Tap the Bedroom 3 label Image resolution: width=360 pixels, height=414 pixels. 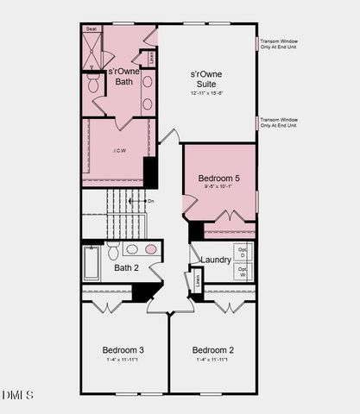(123, 349)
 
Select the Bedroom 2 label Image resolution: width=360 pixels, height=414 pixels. (212, 349)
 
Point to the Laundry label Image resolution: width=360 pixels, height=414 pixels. (215, 260)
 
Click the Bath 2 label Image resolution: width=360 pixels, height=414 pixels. (128, 267)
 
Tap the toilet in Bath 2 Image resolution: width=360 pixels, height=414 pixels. (112, 251)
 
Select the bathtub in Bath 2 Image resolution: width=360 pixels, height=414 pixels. (92, 263)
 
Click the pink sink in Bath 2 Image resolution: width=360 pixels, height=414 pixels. (151, 249)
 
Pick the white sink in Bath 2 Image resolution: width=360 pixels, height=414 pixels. (131, 249)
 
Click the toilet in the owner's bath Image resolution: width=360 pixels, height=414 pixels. (93, 85)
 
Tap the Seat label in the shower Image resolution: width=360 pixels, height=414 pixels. (91, 28)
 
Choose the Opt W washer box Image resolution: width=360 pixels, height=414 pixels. (243, 273)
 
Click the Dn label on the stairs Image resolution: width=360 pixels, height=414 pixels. (150, 201)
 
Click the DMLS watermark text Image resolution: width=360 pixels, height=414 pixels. (18, 395)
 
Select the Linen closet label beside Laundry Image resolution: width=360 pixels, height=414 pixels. (198, 279)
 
